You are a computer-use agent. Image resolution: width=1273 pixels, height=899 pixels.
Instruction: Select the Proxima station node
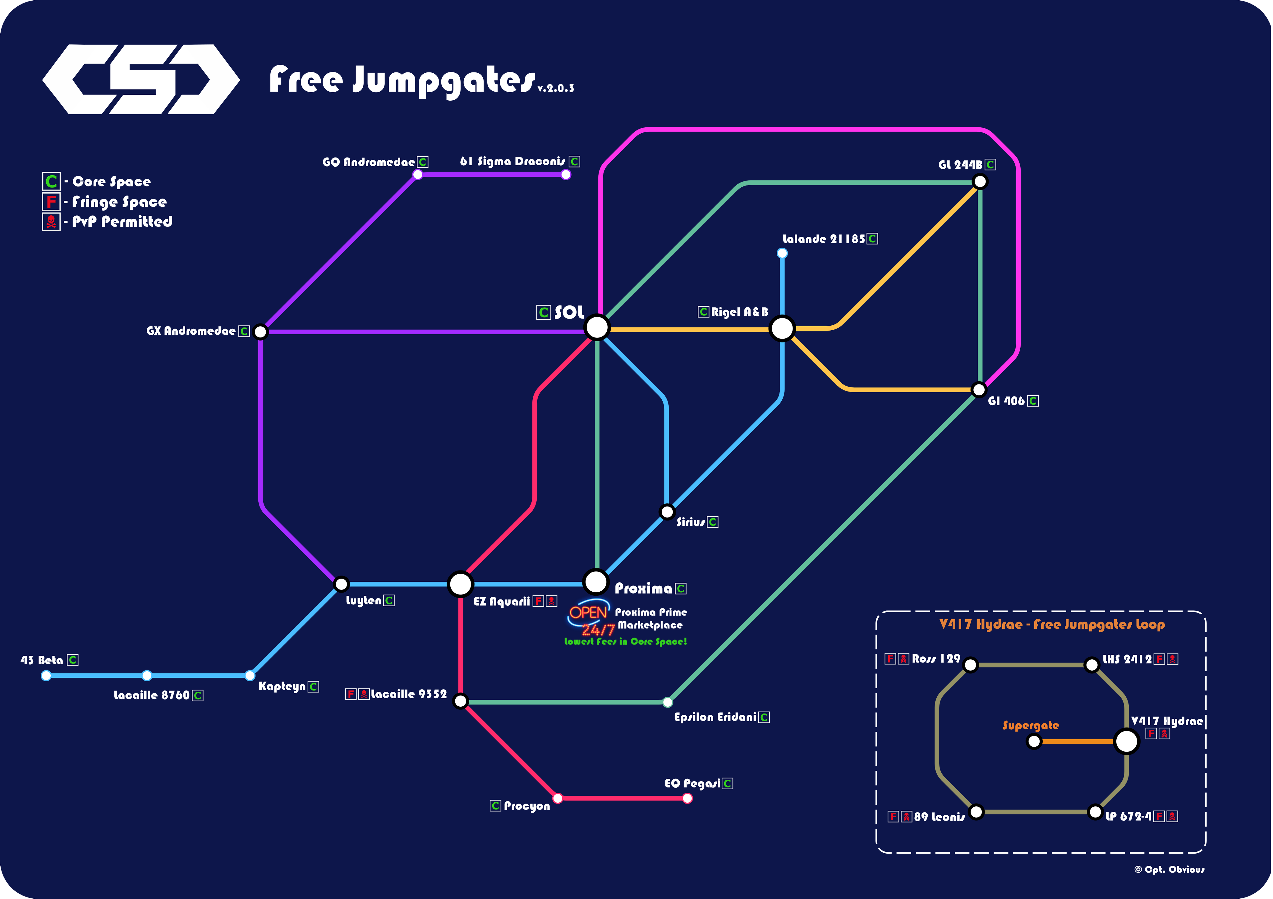point(596,581)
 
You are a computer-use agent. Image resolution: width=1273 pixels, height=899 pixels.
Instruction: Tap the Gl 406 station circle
point(979,390)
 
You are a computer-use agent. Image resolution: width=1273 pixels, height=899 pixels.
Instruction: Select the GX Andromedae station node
point(260,332)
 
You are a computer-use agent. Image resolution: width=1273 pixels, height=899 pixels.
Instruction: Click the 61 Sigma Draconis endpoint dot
point(566,175)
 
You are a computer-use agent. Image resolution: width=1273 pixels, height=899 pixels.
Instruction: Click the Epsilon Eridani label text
point(715,717)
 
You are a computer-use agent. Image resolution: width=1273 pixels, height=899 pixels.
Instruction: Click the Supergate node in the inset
point(1034,741)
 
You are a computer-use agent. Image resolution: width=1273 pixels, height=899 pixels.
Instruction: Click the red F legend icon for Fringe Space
point(51,201)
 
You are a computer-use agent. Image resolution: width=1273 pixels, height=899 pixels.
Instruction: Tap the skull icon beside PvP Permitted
point(51,222)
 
